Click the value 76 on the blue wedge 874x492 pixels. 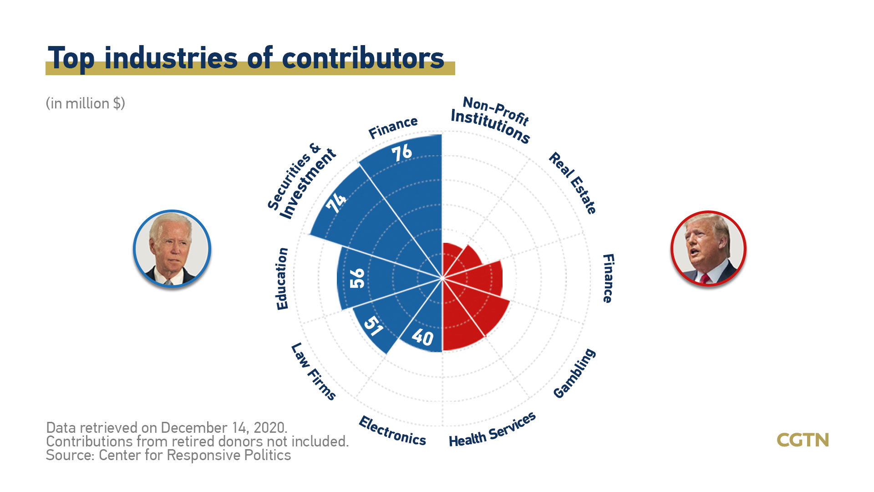pos(402,153)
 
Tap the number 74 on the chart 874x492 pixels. pos(336,202)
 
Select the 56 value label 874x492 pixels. pos(357,278)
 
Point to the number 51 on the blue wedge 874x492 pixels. pos(373,326)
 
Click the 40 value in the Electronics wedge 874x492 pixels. pos(422,338)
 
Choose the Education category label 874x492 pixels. pos(282,279)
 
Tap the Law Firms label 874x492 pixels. pos(314,371)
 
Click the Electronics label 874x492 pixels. pos(392,431)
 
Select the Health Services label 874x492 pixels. pos(492,430)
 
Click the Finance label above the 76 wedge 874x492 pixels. pos(393,127)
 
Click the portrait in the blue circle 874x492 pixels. pos(172,249)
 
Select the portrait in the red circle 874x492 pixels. pos(708,248)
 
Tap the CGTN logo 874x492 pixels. pos(803,440)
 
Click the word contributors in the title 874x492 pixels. pos(363,58)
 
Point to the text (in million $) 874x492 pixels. pos(85,103)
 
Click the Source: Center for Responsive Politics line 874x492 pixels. pos(168,455)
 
